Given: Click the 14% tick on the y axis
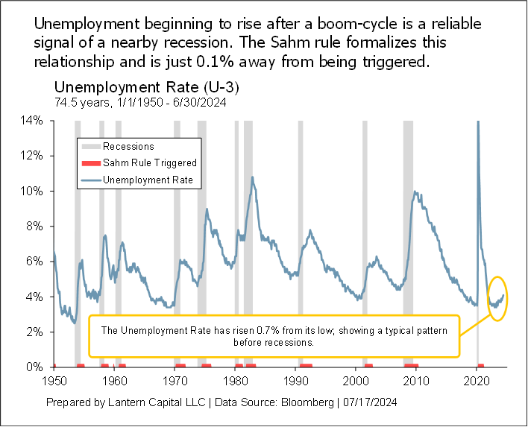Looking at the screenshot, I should coord(32,120).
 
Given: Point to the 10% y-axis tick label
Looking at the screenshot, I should coord(32,191).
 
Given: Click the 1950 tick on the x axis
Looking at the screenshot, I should coord(54,380).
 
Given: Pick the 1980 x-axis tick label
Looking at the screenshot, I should coord(236,380).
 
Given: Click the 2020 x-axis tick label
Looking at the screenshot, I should coord(477,380).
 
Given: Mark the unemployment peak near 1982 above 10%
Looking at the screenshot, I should coord(253,177).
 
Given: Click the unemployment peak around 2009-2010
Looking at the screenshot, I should coord(415,192).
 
